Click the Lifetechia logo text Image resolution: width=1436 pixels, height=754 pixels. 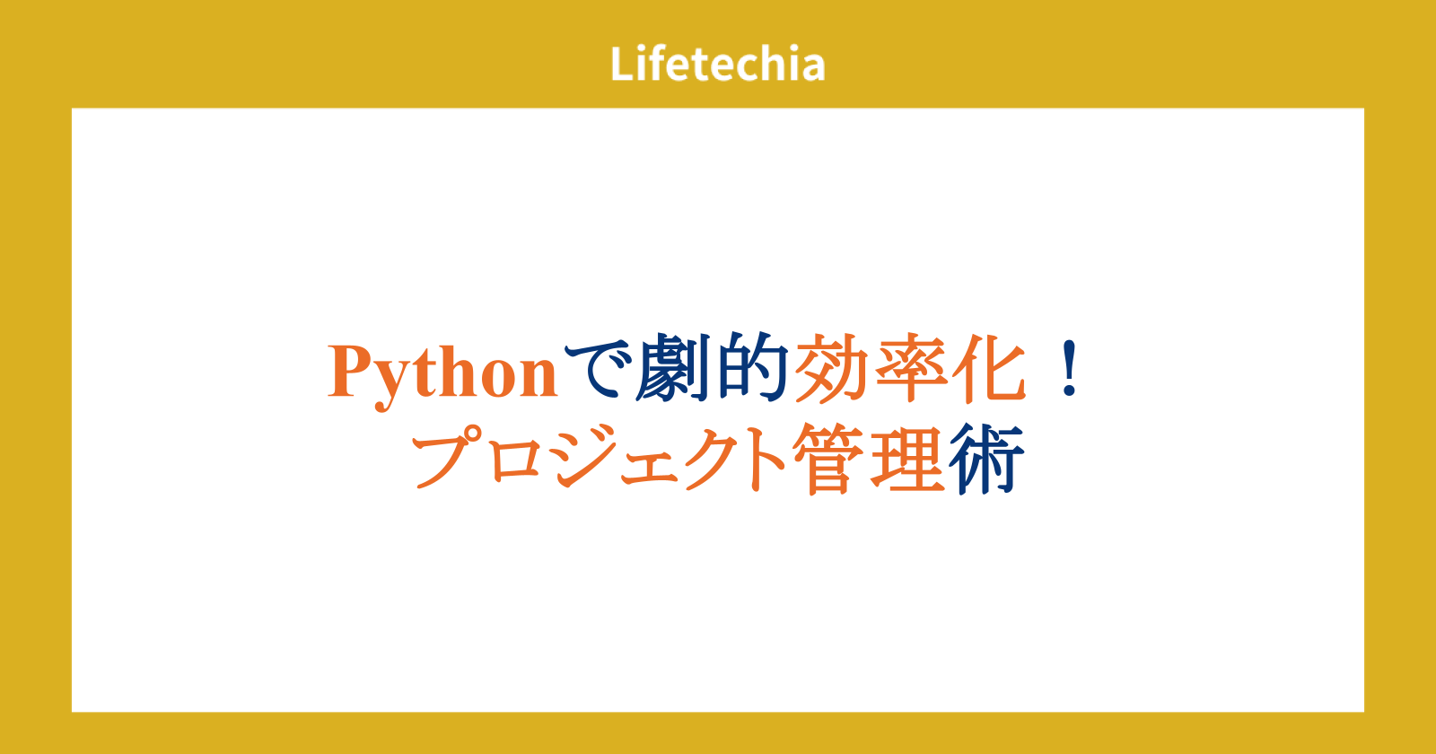[717, 64]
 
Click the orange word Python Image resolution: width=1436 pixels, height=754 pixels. [442, 374]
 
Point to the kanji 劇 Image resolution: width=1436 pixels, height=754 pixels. [674, 368]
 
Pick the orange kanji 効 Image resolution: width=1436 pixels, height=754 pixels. [831, 368]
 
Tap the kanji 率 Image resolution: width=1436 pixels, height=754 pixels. [911, 368]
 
